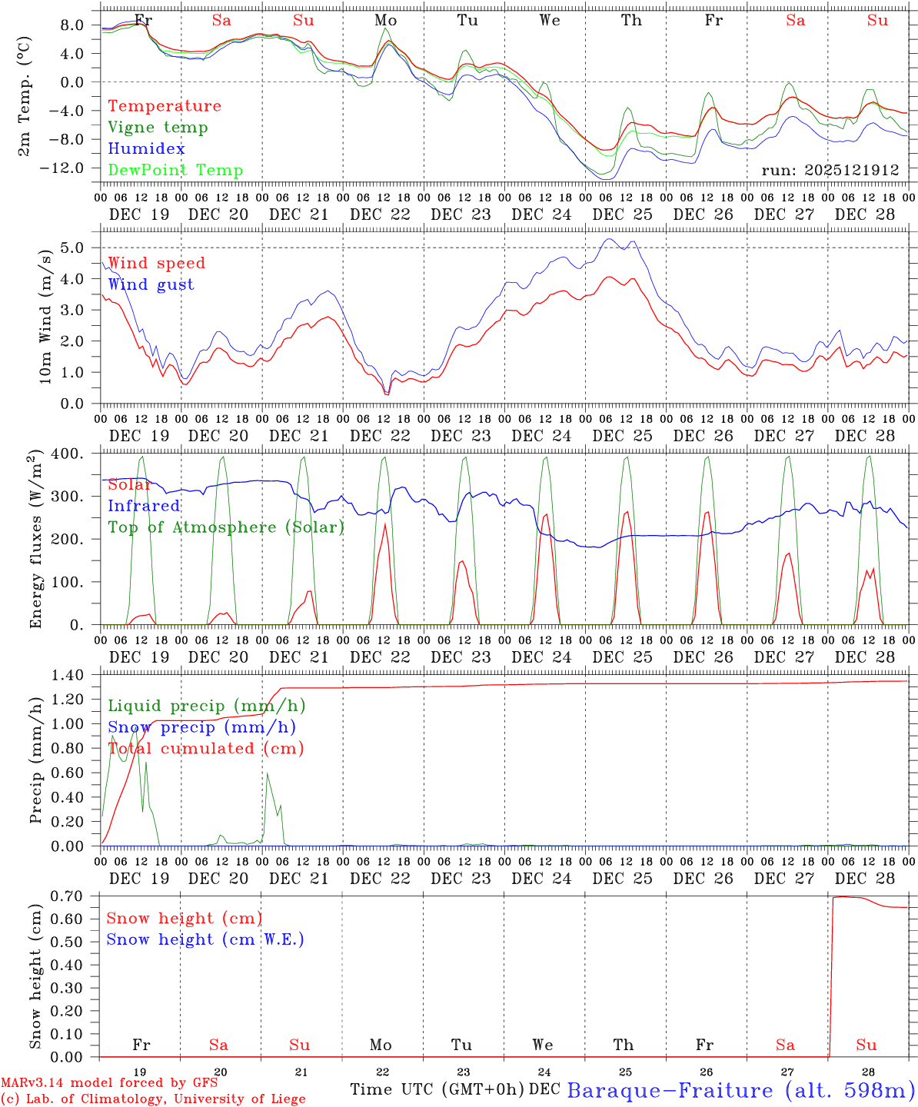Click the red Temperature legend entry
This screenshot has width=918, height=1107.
pos(165,106)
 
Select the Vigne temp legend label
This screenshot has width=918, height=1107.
pos(158,128)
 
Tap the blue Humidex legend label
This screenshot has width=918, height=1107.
pos(146,149)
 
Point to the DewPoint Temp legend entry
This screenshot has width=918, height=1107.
pos(175,171)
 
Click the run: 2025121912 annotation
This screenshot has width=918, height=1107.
pos(830,170)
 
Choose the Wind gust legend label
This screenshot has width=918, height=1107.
pos(151,284)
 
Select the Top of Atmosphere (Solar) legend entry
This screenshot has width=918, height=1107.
pos(226,527)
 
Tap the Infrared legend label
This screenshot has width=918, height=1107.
pos(144,506)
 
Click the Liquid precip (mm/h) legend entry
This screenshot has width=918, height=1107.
pos(206,706)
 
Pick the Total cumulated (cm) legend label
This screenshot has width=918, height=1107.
pos(205,749)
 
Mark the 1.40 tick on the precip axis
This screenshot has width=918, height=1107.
pos(76,675)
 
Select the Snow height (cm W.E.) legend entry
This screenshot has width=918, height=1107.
pos(205,939)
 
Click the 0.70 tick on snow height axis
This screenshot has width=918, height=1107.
pos(76,896)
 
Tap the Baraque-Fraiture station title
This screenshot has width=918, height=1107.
pos(740,1090)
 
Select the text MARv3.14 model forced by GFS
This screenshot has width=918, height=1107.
pos(109,1083)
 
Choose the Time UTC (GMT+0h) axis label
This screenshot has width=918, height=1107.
pos(437,1089)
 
